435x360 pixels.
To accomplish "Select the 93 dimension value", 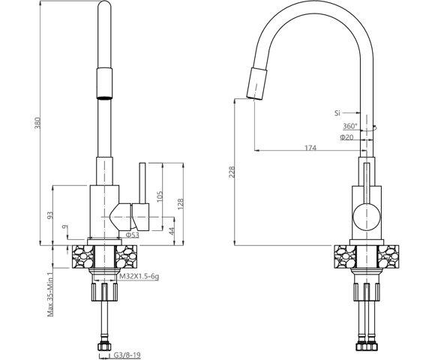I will click(49, 215).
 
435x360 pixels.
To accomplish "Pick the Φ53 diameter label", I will click(131, 235).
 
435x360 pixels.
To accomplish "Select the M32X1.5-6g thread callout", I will click(139, 277).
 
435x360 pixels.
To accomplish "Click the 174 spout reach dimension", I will click(309, 148).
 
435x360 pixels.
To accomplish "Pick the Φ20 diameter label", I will click(347, 137).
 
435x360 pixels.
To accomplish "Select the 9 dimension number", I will click(67, 226).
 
